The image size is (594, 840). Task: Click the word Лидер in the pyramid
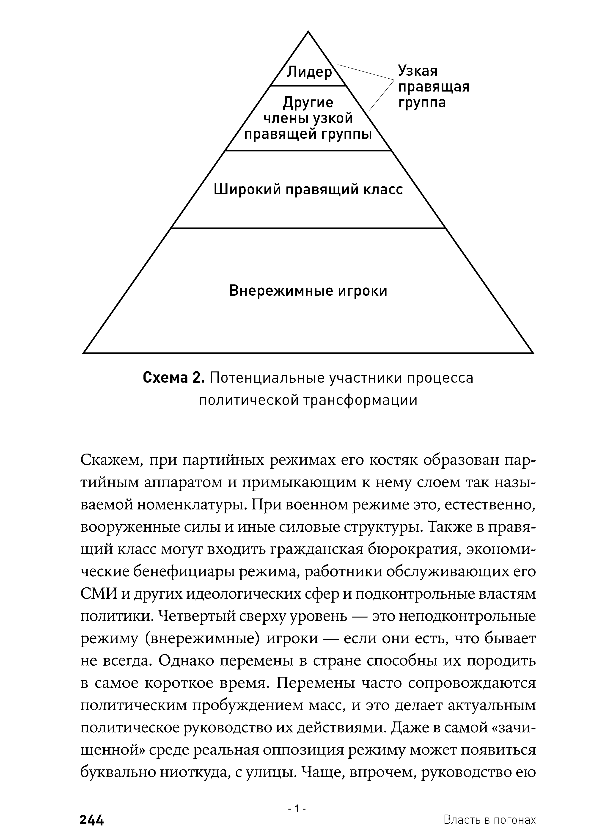[x=309, y=72]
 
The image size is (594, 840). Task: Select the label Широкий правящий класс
[x=308, y=190]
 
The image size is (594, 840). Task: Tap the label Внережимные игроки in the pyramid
[x=308, y=291]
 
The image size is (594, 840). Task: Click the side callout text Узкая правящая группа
[x=433, y=87]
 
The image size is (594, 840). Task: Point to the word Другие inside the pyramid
[x=308, y=102]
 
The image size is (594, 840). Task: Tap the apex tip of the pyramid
[x=308, y=32]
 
